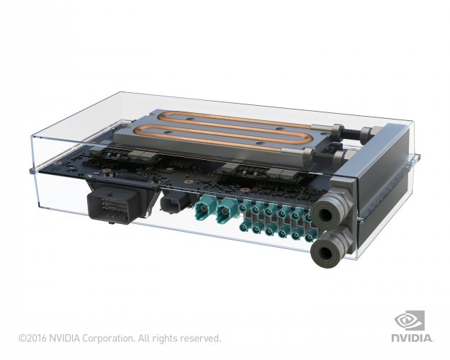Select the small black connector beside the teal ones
(176, 203)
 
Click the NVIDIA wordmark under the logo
(412, 337)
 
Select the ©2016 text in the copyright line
(32, 338)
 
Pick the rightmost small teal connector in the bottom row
(310, 237)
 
